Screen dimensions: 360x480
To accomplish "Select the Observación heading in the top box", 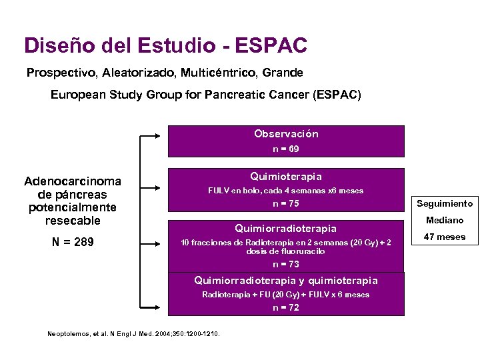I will coord(286,134).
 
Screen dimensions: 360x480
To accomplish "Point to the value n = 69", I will coord(286,149).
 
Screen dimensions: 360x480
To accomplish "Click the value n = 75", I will coord(286,204).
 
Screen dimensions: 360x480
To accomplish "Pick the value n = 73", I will coord(286,264).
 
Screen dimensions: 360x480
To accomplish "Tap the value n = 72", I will coord(286,307).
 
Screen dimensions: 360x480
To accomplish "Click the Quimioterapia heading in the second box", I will coord(286,177).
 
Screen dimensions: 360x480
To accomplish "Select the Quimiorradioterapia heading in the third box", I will coord(286,229).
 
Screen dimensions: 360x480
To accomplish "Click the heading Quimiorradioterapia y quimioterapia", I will coord(286,281).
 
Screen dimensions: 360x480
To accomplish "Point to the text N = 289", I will coord(73,242).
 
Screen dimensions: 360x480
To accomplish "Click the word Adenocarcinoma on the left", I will coord(73,181).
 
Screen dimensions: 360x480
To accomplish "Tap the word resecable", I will coord(73,220).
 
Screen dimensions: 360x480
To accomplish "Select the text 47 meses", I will coord(445,237).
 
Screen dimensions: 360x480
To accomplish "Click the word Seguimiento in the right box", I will coord(445,203).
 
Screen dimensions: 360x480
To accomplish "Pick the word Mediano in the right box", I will coord(445,220).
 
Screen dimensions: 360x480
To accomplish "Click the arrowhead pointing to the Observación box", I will coord(161,136).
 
